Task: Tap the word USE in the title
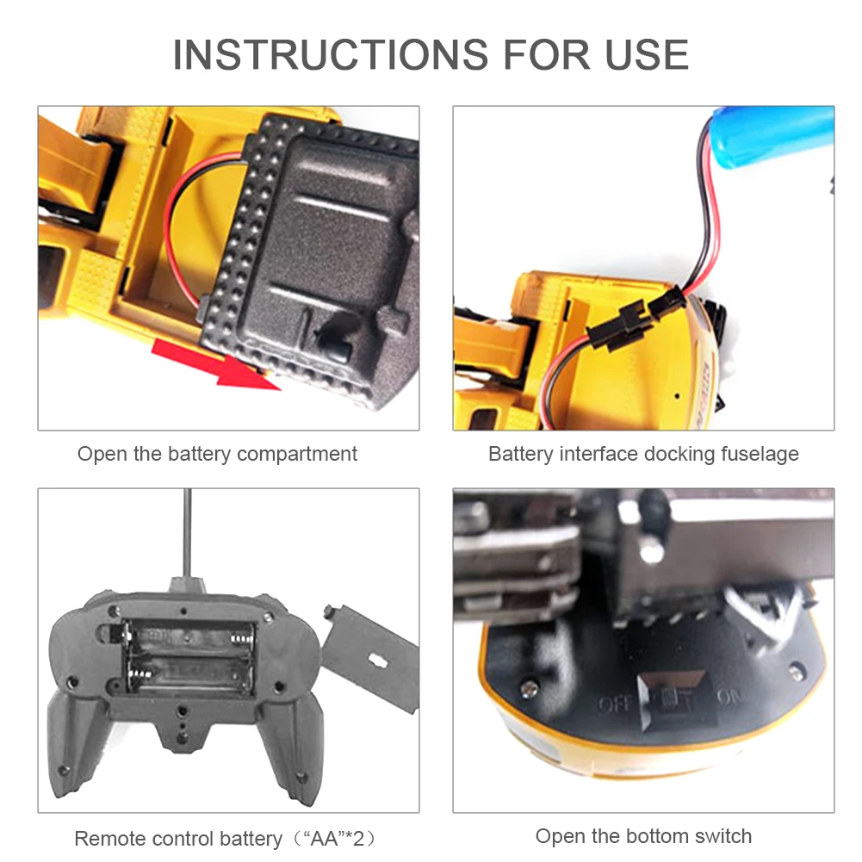click(647, 55)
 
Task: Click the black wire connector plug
click(638, 318)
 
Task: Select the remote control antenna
click(188, 533)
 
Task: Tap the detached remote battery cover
click(370, 657)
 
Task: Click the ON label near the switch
click(729, 697)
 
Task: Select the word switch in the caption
click(722, 836)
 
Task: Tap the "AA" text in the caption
click(326, 839)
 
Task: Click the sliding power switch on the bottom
click(667, 702)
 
